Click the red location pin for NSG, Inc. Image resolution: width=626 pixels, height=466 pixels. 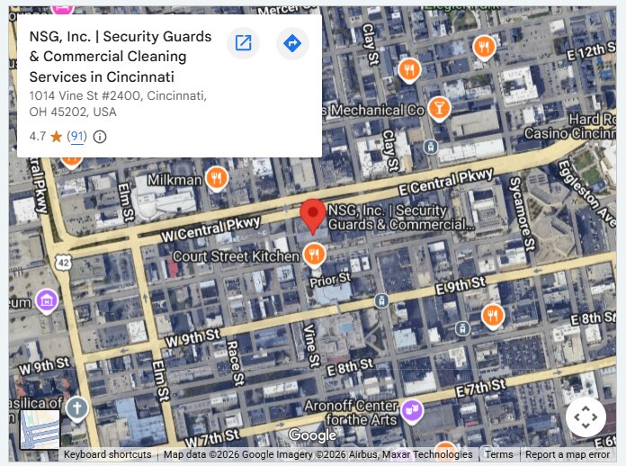point(313,214)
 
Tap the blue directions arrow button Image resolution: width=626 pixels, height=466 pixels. point(292,43)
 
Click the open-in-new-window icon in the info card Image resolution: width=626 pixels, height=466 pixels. point(243,43)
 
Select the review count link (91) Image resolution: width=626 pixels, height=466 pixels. point(77,137)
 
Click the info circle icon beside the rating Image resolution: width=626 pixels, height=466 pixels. point(100,137)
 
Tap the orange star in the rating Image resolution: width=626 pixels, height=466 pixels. point(56,137)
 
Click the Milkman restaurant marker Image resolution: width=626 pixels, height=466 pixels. point(216,178)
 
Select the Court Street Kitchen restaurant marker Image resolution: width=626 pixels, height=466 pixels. point(313,255)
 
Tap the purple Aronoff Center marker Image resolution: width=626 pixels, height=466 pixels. point(412,410)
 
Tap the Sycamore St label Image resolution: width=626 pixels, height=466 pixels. point(523,218)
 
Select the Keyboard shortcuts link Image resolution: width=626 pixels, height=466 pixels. point(107,455)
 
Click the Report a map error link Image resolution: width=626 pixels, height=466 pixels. point(568,455)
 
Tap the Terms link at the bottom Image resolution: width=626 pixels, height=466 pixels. point(499,455)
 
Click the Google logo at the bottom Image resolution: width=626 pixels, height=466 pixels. point(312,436)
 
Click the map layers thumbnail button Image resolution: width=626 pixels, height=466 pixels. point(40,429)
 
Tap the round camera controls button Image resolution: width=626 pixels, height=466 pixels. point(585,417)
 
